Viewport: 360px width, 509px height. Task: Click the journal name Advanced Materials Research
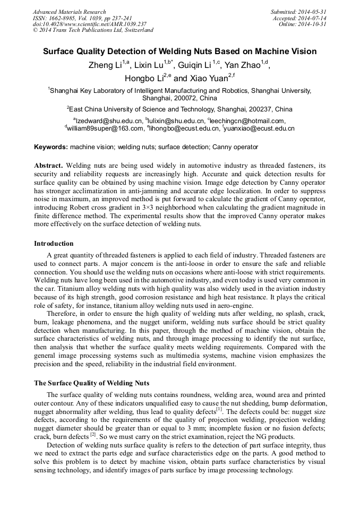pyautogui.click(x=69, y=12)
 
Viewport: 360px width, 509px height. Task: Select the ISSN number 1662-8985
pyautogui.click(x=62, y=18)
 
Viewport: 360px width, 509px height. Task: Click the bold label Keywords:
pyautogui.click(x=51, y=146)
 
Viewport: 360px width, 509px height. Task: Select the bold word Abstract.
pyautogui.click(x=48, y=166)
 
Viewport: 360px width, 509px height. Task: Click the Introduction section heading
pyautogui.click(x=54, y=244)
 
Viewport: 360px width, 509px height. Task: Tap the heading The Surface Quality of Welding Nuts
pyautogui.click(x=91, y=383)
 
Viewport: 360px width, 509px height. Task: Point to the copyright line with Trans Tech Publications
pyautogui.click(x=93, y=31)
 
